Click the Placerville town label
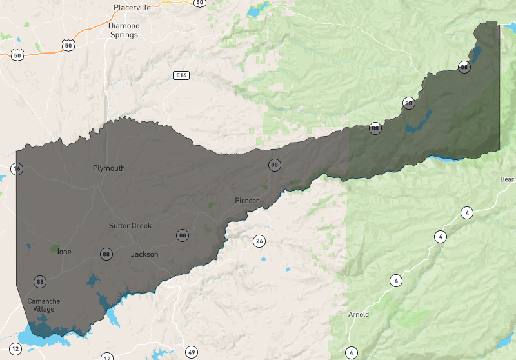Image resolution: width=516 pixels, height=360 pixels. pyautogui.click(x=132, y=8)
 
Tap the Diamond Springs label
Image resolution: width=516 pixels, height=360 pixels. pyautogui.click(x=123, y=30)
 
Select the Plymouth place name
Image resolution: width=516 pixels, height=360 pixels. pyautogui.click(x=109, y=168)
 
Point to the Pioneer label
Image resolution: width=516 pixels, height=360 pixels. pyautogui.click(x=247, y=201)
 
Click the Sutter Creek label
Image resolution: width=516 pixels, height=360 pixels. pyautogui.click(x=130, y=226)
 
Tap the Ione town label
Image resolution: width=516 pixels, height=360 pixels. pyautogui.click(x=64, y=252)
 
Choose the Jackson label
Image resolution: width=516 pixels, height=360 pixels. pyautogui.click(x=144, y=254)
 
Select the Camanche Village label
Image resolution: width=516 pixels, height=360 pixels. pyautogui.click(x=41, y=305)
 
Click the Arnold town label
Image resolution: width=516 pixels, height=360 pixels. pyautogui.click(x=359, y=315)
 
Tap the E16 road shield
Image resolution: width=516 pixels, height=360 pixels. pyautogui.click(x=181, y=75)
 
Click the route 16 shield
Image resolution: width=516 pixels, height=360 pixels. pyautogui.click(x=17, y=169)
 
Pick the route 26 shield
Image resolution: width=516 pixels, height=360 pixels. pyautogui.click(x=259, y=241)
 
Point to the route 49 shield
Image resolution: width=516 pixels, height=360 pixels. pyautogui.click(x=192, y=352)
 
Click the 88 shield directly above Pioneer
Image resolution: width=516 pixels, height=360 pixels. pyautogui.click(x=275, y=165)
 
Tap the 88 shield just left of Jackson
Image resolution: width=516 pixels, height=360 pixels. pyautogui.click(x=106, y=254)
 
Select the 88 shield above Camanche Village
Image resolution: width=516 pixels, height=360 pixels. pyautogui.click(x=41, y=282)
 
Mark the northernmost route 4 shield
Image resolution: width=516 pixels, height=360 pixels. pyautogui.click(x=466, y=212)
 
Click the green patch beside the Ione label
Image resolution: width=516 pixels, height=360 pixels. pyautogui.click(x=53, y=248)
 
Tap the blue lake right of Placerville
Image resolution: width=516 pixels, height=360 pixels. pyautogui.click(x=256, y=11)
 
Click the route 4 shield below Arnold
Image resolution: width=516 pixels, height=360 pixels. pyautogui.click(x=351, y=352)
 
